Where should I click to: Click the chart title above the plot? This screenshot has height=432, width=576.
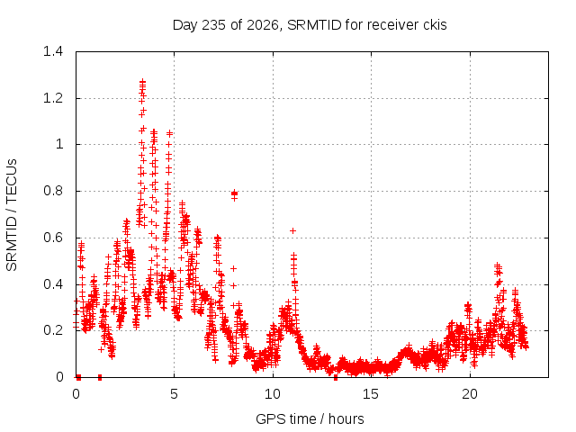click(x=310, y=25)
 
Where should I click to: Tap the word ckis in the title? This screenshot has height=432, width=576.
click(x=436, y=25)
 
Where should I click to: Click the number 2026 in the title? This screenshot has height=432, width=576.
click(x=262, y=25)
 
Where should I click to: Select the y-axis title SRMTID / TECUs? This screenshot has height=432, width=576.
click(x=12, y=215)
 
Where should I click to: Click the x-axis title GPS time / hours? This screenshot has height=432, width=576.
click(x=310, y=418)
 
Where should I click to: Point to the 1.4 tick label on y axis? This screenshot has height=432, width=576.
click(x=53, y=51)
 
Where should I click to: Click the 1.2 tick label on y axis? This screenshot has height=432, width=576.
click(x=53, y=98)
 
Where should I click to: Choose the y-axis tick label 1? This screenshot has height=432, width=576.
click(x=59, y=144)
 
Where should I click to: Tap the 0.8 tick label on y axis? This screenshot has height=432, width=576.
click(x=53, y=191)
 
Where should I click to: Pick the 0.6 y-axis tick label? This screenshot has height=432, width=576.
click(x=53, y=238)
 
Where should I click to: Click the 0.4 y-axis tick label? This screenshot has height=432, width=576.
click(x=53, y=284)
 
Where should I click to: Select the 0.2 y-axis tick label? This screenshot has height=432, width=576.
click(x=53, y=330)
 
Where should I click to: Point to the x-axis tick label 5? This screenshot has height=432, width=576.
click(x=174, y=394)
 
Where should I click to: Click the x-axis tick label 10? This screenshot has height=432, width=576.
click(x=273, y=394)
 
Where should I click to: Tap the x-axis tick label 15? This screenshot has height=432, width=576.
click(x=371, y=394)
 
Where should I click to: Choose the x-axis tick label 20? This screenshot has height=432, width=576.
click(x=470, y=394)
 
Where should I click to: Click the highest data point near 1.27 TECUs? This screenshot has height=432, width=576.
click(x=142, y=82)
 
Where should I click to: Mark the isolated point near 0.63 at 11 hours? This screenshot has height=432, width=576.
click(x=292, y=230)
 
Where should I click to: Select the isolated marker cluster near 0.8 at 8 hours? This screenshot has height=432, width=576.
click(x=234, y=194)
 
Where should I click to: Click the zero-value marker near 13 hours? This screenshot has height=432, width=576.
click(x=336, y=378)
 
